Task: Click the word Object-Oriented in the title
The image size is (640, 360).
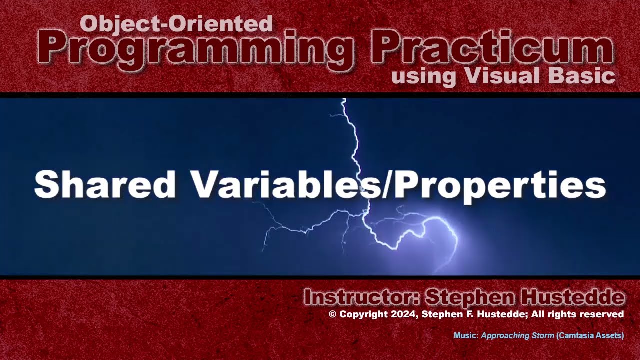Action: coord(176,23)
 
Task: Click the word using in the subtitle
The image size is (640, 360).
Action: coord(424,77)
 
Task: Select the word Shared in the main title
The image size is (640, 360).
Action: coord(105,184)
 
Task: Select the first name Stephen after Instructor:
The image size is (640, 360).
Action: coord(469,298)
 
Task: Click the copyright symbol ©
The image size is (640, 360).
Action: coord(333,314)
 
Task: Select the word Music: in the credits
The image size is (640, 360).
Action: coord(466,336)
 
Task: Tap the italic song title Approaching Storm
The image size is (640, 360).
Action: coord(517,336)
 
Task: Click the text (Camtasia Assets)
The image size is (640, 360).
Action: coord(590,336)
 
